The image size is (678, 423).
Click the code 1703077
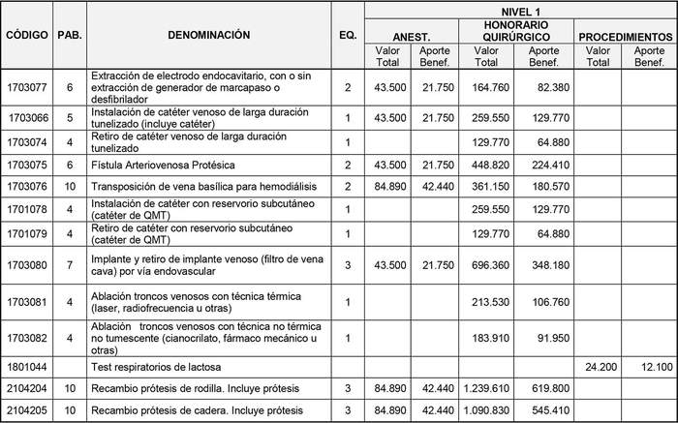(x=25, y=87)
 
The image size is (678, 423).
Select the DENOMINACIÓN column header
(x=208, y=35)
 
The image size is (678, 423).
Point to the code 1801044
(x=25, y=367)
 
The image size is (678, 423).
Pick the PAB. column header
(x=70, y=35)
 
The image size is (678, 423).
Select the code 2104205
(x=25, y=410)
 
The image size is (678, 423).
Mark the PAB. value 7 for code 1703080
(x=70, y=264)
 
